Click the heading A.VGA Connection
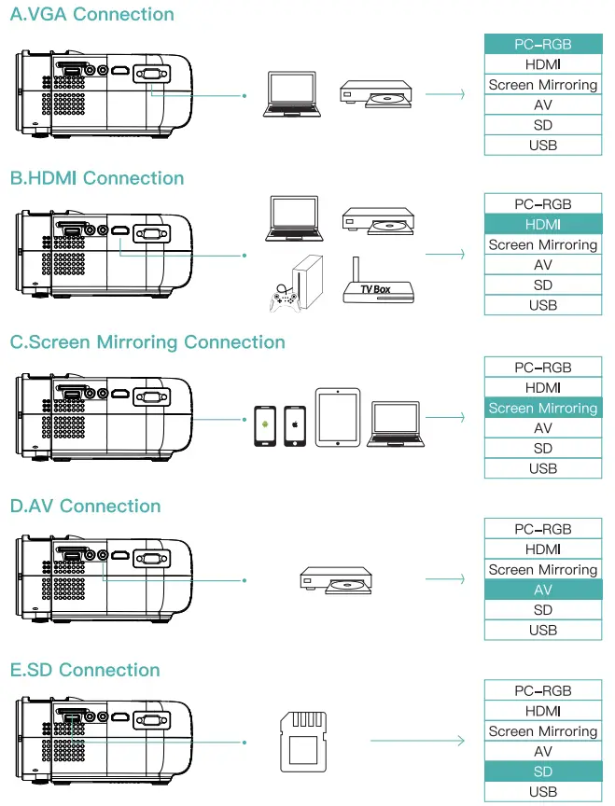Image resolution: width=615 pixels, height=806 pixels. [x=91, y=14]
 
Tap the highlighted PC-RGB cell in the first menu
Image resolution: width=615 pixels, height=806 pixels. [x=542, y=45]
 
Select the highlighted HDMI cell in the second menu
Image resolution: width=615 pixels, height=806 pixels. [x=542, y=225]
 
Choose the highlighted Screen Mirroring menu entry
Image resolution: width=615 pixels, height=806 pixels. [x=542, y=408]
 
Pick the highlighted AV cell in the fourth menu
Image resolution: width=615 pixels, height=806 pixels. [x=542, y=590]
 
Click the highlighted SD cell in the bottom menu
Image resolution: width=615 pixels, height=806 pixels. [x=542, y=772]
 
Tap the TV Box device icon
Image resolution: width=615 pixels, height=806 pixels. [x=375, y=282]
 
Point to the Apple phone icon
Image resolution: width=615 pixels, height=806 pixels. [x=295, y=426]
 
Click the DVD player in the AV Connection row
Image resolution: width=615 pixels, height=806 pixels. [x=336, y=579]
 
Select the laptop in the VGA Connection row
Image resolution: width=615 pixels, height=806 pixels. [x=292, y=94]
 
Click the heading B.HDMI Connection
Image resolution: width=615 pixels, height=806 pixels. [x=97, y=178]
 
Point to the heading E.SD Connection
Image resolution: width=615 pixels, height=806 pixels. [x=85, y=670]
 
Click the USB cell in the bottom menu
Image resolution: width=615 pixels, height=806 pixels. [x=542, y=792]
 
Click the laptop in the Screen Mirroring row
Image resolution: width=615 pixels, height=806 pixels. [x=397, y=425]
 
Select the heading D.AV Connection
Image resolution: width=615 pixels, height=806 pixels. [x=85, y=507]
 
